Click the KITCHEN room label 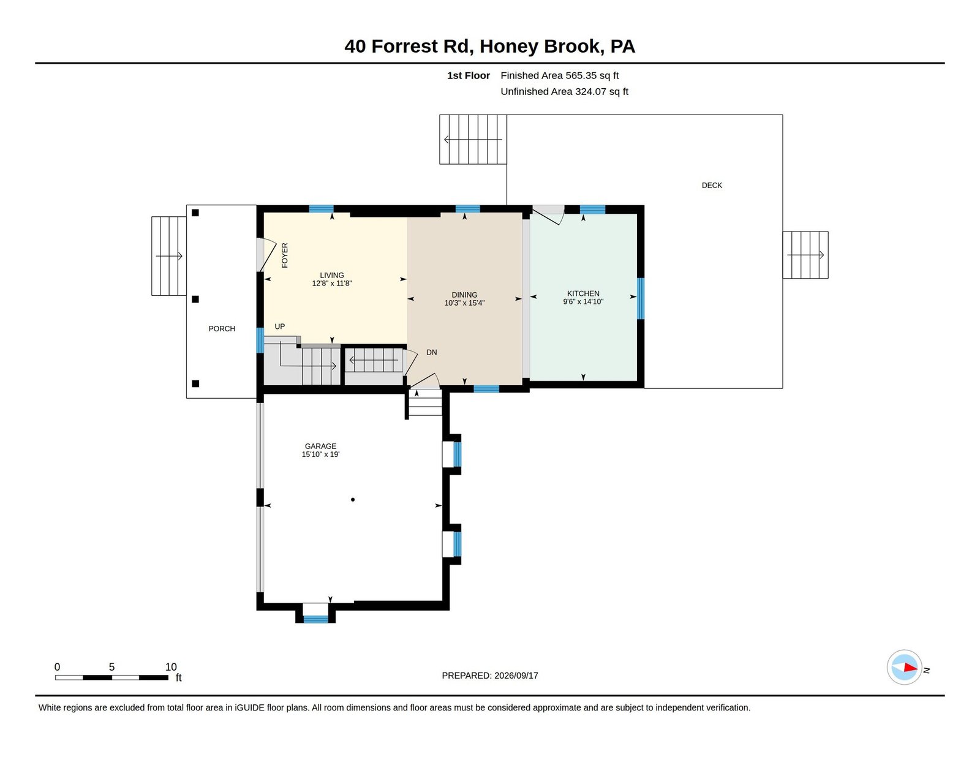pyautogui.click(x=582, y=293)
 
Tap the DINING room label pyautogui.click(x=464, y=295)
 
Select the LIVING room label pyautogui.click(x=331, y=275)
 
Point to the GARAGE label pyautogui.click(x=320, y=446)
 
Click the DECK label pyautogui.click(x=712, y=186)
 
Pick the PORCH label pyautogui.click(x=222, y=329)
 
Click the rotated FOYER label pyautogui.click(x=285, y=255)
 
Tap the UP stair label pyautogui.click(x=280, y=326)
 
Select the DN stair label pyautogui.click(x=432, y=352)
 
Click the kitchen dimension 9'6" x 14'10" pyautogui.click(x=582, y=301)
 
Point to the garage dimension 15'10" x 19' pyautogui.click(x=320, y=454)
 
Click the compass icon pyautogui.click(x=904, y=667)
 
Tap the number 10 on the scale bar pyautogui.click(x=171, y=667)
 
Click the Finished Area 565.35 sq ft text pyautogui.click(x=559, y=76)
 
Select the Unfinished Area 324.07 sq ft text pyautogui.click(x=564, y=91)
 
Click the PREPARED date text pyautogui.click(x=490, y=676)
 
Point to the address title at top pyautogui.click(x=490, y=46)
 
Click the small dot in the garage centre pyautogui.click(x=353, y=500)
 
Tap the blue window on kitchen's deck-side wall pyautogui.click(x=641, y=298)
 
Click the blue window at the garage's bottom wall pyautogui.click(x=315, y=619)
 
